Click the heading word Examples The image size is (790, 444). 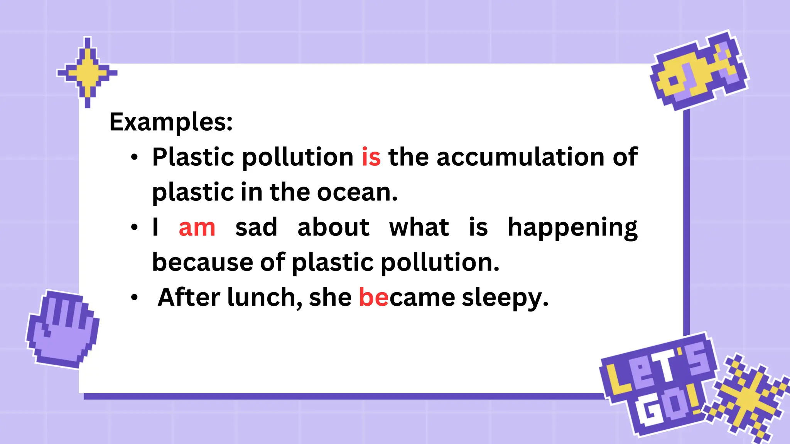point(171,122)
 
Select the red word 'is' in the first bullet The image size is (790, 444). point(371,157)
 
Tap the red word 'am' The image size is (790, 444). point(197,227)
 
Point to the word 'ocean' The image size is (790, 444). point(357,192)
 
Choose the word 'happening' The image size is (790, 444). point(572,228)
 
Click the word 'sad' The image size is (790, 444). point(256,227)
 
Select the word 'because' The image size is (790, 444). point(202,262)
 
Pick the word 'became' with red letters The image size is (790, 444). point(407,298)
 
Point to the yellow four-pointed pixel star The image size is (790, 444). point(87,72)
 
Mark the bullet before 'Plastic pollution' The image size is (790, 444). point(134,158)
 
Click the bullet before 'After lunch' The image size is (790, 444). point(134,298)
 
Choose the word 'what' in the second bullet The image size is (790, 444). point(419,227)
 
